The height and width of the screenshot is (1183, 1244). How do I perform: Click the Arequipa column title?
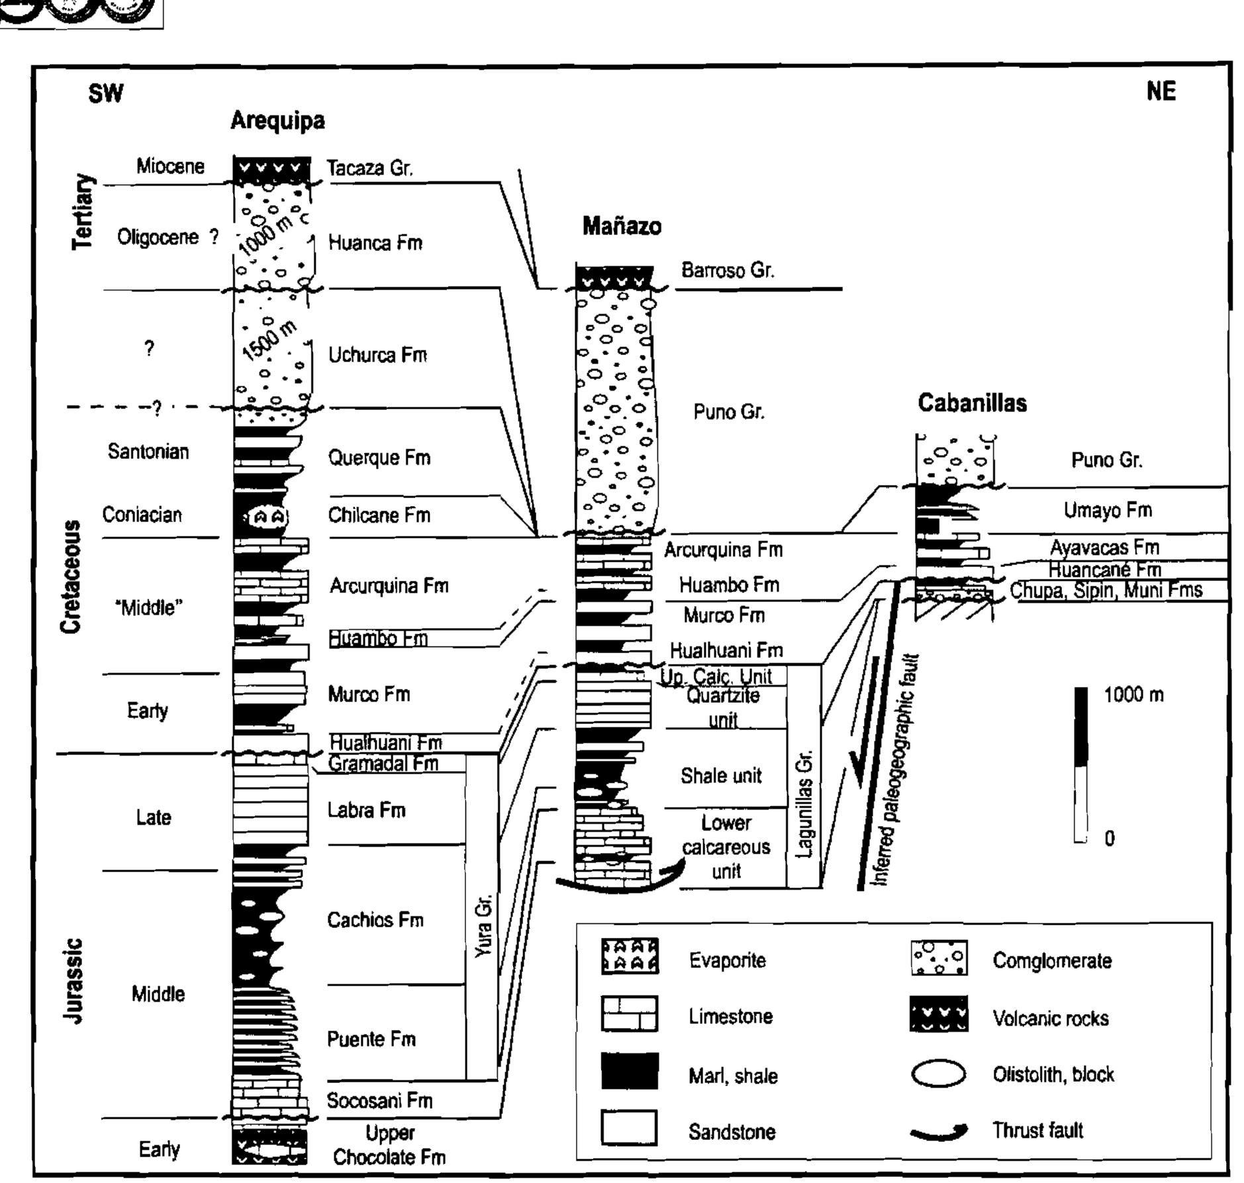coord(277,121)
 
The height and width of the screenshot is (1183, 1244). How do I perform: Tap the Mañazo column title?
coord(621,227)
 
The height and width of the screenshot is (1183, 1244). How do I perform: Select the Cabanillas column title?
coord(971,403)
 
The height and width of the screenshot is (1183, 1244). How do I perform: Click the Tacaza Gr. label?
coord(370,168)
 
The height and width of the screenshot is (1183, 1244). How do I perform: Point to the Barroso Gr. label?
coord(727,270)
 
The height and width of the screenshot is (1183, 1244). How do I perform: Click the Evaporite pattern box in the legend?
coord(629,956)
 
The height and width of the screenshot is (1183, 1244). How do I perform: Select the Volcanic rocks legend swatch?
coord(938,1014)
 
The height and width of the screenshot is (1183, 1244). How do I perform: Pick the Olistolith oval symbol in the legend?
coord(938,1074)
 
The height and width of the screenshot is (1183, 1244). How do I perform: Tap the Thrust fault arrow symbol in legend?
coord(938,1132)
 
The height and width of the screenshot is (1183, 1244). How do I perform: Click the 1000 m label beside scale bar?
coord(1133,695)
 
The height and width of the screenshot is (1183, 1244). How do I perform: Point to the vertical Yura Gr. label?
coord(484,925)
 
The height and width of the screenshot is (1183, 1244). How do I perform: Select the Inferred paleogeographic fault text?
coord(896,768)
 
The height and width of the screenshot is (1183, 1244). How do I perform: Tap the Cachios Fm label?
coord(375,919)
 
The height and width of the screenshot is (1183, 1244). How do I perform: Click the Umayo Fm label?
coord(1107,510)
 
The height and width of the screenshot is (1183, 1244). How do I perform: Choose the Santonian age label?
coord(148,452)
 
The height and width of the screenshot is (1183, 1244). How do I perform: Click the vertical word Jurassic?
coord(73,980)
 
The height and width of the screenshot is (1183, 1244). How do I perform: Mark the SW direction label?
coord(105,93)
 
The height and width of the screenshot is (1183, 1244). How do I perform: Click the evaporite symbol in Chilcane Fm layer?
coord(269,516)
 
